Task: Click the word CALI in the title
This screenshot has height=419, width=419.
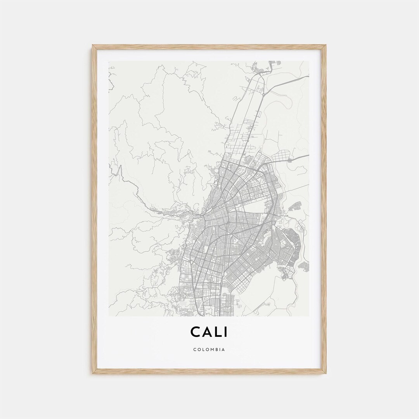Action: tap(209, 332)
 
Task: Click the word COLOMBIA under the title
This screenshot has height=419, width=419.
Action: tap(209, 350)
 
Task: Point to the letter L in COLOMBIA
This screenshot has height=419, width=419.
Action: tap(202, 350)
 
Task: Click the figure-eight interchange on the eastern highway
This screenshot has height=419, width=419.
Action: tap(289, 160)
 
